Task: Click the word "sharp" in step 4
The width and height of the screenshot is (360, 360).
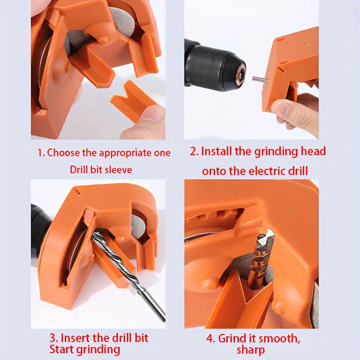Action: point(251,350)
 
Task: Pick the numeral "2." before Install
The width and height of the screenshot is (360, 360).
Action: point(194,152)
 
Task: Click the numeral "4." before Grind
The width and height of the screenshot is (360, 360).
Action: point(211,339)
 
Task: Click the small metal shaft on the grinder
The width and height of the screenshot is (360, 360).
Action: point(260,80)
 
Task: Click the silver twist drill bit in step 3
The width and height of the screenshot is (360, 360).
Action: point(129,275)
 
